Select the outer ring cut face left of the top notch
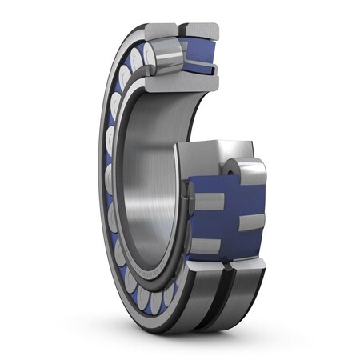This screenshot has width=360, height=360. coord(163,30)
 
